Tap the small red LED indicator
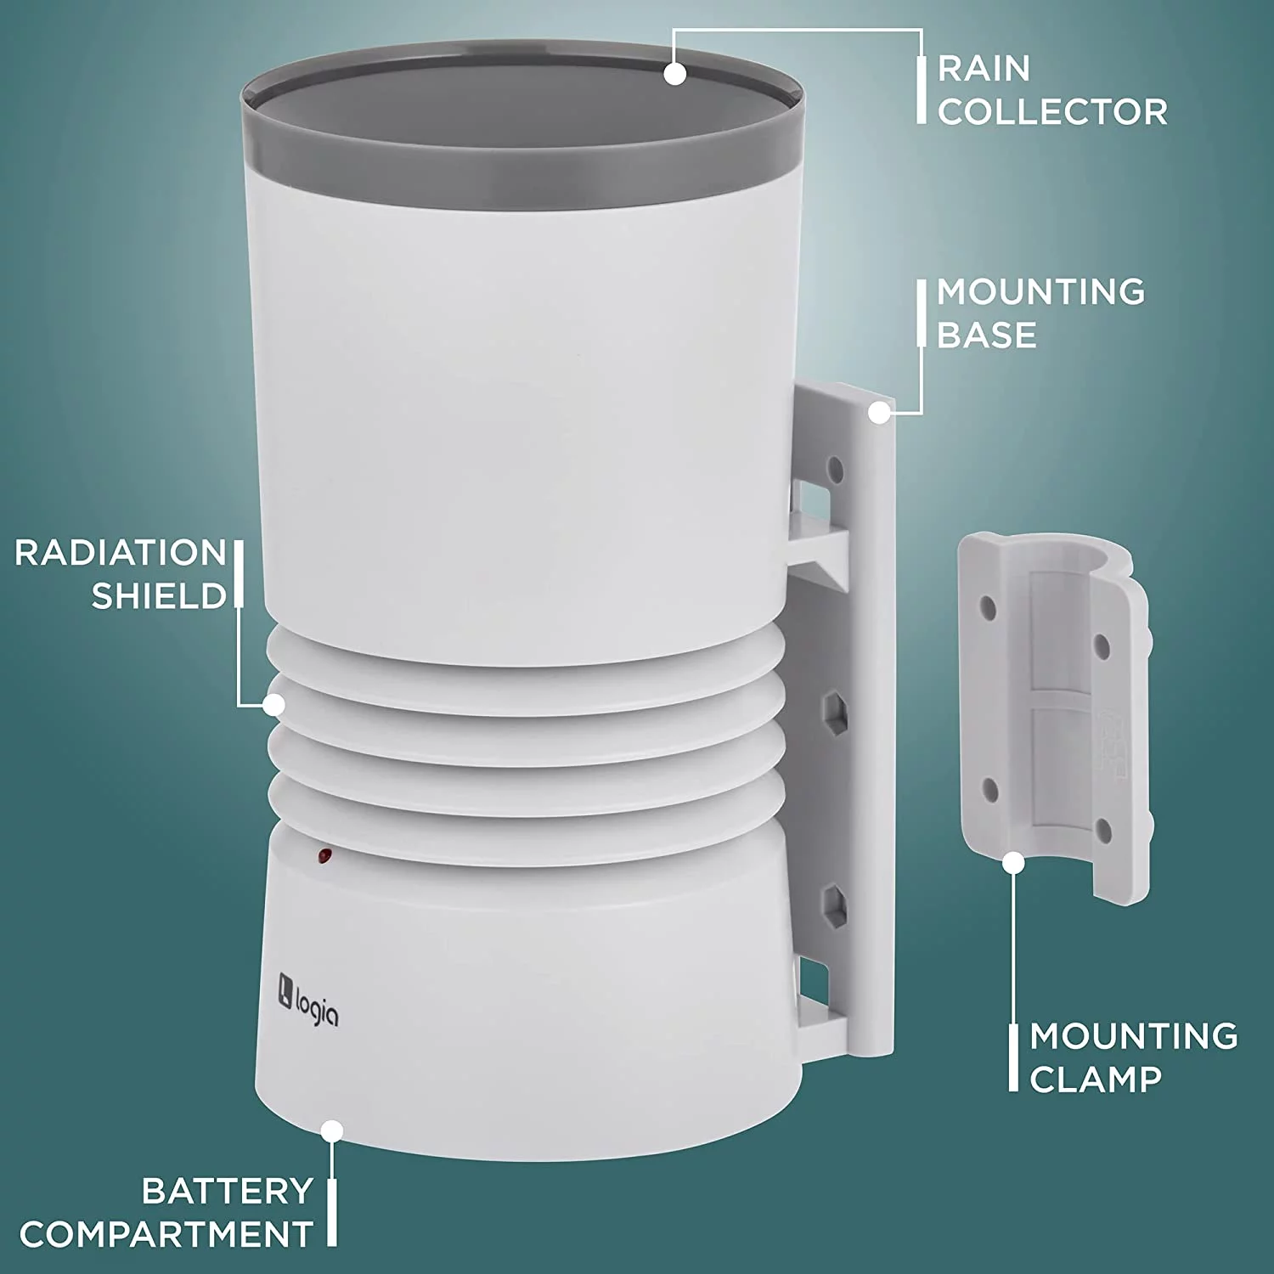[x=324, y=855]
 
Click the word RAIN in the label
[x=984, y=69]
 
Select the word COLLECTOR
[x=1052, y=112]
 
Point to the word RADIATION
[x=121, y=553]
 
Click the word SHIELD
[x=159, y=596]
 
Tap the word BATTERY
[x=228, y=1191]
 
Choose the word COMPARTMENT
[x=166, y=1234]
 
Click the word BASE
[x=986, y=335]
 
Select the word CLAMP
[x=1096, y=1080]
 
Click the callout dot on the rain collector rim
[x=675, y=74]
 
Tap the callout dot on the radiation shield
[x=273, y=704]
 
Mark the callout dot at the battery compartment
[x=333, y=1130]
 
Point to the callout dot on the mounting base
[x=880, y=413]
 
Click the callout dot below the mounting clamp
[x=1013, y=863]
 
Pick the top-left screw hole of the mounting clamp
[x=988, y=608]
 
